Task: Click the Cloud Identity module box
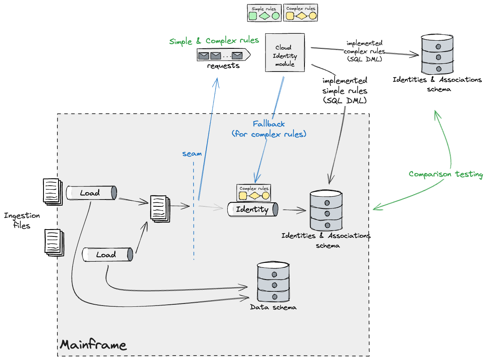tap(285, 53)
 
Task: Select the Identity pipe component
tap(252, 209)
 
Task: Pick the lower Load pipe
tap(107, 255)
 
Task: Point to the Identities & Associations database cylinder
tap(326, 210)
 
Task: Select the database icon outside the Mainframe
tap(437, 54)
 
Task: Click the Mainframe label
tap(93, 345)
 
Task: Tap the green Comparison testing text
tap(446, 174)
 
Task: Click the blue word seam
tap(192, 154)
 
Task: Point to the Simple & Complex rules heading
tap(214, 41)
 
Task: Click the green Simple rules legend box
tap(264, 13)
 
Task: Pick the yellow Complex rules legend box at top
tap(301, 13)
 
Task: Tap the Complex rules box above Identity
tap(254, 193)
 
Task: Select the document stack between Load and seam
tap(159, 207)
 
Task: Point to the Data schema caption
tap(273, 307)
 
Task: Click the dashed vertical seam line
tap(193, 228)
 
